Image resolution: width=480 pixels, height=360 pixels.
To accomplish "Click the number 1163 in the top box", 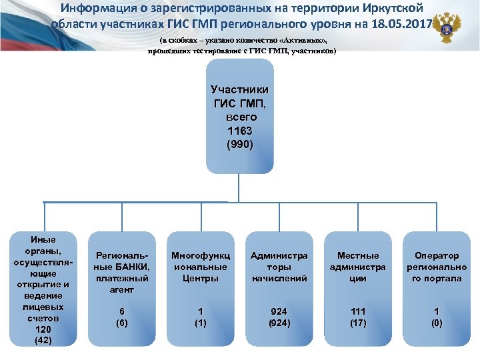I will tap(239, 130).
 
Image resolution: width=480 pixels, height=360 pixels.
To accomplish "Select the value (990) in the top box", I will tap(239, 143).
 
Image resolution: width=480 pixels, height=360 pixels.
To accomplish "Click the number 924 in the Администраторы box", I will tap(279, 311).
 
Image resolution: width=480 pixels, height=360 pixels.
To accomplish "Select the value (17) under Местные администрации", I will tap(358, 323).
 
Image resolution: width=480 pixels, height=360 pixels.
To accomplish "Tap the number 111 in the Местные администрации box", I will tap(358, 311).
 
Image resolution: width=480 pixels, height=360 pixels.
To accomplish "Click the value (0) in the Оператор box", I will tap(437, 323).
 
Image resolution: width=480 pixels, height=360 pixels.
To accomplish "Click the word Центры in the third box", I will tap(201, 278).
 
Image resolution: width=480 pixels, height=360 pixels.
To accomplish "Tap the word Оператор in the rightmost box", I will tap(437, 255).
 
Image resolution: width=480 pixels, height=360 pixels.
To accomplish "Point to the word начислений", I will tap(279, 278).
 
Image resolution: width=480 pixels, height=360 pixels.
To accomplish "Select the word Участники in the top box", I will tap(239, 89).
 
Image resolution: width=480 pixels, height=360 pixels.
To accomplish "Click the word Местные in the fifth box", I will tap(358, 255).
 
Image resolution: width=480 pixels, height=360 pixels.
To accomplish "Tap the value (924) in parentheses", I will tap(279, 323).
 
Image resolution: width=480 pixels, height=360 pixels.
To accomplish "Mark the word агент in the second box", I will tap(123, 290).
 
